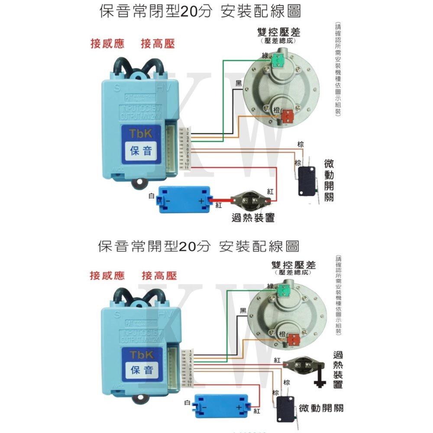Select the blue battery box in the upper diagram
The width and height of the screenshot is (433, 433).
coord(184,200)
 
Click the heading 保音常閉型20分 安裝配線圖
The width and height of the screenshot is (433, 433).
coord(200,11)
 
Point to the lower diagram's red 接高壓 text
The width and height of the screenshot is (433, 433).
coord(159,276)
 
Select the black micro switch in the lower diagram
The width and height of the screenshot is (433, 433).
coord(285,409)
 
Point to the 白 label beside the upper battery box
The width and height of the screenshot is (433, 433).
coord(151,196)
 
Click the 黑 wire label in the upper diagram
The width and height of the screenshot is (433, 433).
coord(239,84)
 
